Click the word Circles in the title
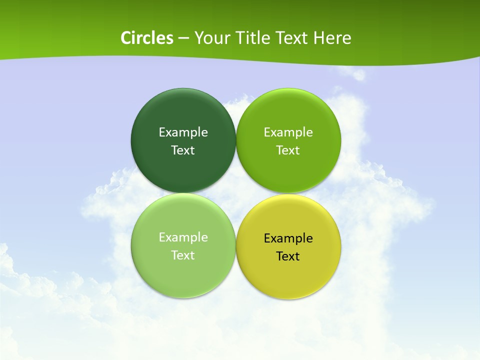[146, 38]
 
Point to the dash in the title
[183, 38]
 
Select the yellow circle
[288, 270]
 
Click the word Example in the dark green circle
[183, 132]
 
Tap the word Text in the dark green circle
[183, 150]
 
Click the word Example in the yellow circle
[288, 238]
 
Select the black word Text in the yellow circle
[288, 256]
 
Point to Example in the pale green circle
[183, 237]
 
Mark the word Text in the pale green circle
[183, 255]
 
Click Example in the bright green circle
[288, 132]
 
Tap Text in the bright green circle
[288, 150]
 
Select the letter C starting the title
[126, 38]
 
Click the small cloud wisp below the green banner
[357, 74]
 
